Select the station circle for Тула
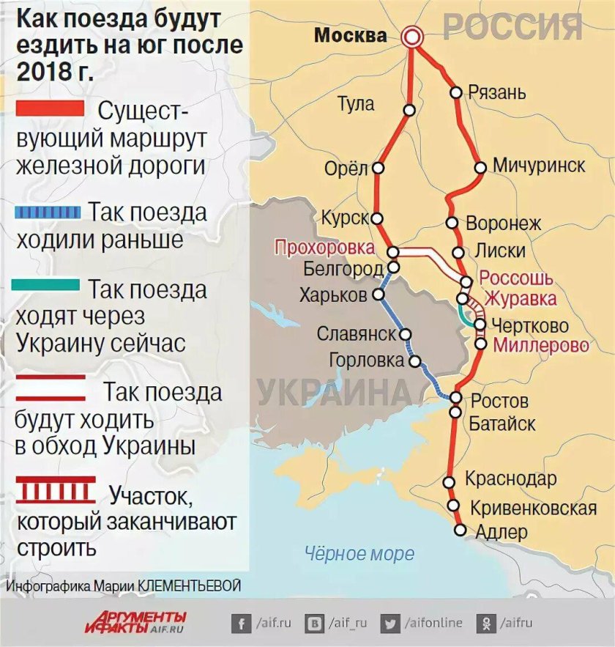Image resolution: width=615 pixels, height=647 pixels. tap(409, 111)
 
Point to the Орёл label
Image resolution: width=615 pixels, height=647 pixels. tap(346, 169)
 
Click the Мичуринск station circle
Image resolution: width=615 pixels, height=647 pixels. tap(480, 167)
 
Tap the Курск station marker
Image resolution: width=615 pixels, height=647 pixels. tap(377, 218)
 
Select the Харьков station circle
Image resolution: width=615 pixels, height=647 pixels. tap(379, 295)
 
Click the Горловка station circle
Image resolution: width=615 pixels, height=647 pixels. tap(415, 361)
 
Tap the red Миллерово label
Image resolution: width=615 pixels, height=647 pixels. tap(541, 346)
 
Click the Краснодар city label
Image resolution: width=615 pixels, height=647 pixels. tap(511, 480)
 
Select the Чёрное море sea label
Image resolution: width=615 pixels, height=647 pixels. tap(359, 553)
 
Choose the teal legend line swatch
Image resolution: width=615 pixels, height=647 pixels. tap(45, 286)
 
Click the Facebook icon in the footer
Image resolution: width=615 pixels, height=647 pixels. tap(240, 624)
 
